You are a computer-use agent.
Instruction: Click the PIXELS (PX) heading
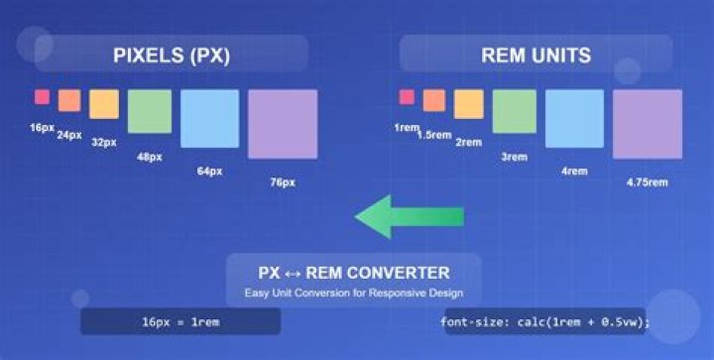click(172, 56)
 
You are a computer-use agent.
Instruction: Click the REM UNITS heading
click(535, 56)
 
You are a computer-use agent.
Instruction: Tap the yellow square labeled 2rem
click(468, 104)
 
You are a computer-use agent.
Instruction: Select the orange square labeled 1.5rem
click(434, 100)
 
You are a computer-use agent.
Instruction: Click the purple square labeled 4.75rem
click(647, 124)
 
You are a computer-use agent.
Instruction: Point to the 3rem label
click(514, 157)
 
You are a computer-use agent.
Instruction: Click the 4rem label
click(574, 172)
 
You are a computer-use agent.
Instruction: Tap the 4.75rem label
click(647, 182)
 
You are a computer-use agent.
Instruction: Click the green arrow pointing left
click(409, 216)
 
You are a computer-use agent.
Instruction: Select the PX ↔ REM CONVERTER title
click(354, 273)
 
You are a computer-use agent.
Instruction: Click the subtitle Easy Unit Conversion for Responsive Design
click(354, 294)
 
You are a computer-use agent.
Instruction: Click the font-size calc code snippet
click(545, 321)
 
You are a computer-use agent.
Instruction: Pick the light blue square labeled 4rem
click(574, 118)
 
